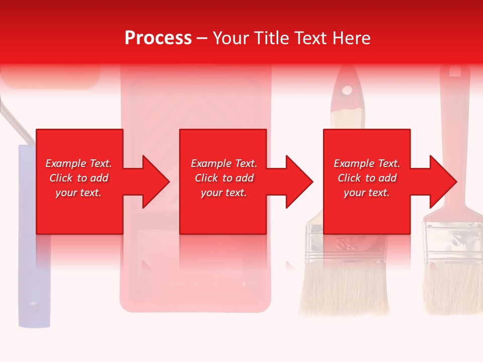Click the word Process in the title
pyautogui.click(x=158, y=38)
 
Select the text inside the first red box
pyautogui.click(x=79, y=178)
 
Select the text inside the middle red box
pyautogui.click(x=224, y=178)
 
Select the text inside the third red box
pyautogui.click(x=367, y=178)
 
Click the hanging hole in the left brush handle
pyautogui.click(x=347, y=90)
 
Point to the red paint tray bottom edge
pyautogui.click(x=196, y=307)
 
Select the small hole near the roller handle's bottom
pyautogui.click(x=33, y=305)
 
